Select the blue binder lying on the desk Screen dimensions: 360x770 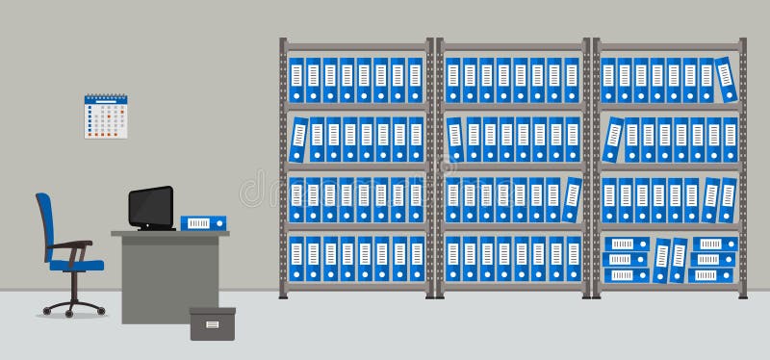(203, 223)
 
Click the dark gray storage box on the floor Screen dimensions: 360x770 (212, 323)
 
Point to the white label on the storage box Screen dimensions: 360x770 (212, 324)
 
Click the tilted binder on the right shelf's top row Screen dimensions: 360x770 (728, 79)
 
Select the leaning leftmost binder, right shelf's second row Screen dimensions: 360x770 (613, 140)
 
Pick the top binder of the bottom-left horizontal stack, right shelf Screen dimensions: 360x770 (625, 244)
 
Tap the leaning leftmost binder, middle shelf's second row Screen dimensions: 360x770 (455, 140)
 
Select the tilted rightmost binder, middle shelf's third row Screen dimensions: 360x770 (573, 199)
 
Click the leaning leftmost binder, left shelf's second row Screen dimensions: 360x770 (298, 140)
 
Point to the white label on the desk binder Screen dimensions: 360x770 (197, 223)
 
